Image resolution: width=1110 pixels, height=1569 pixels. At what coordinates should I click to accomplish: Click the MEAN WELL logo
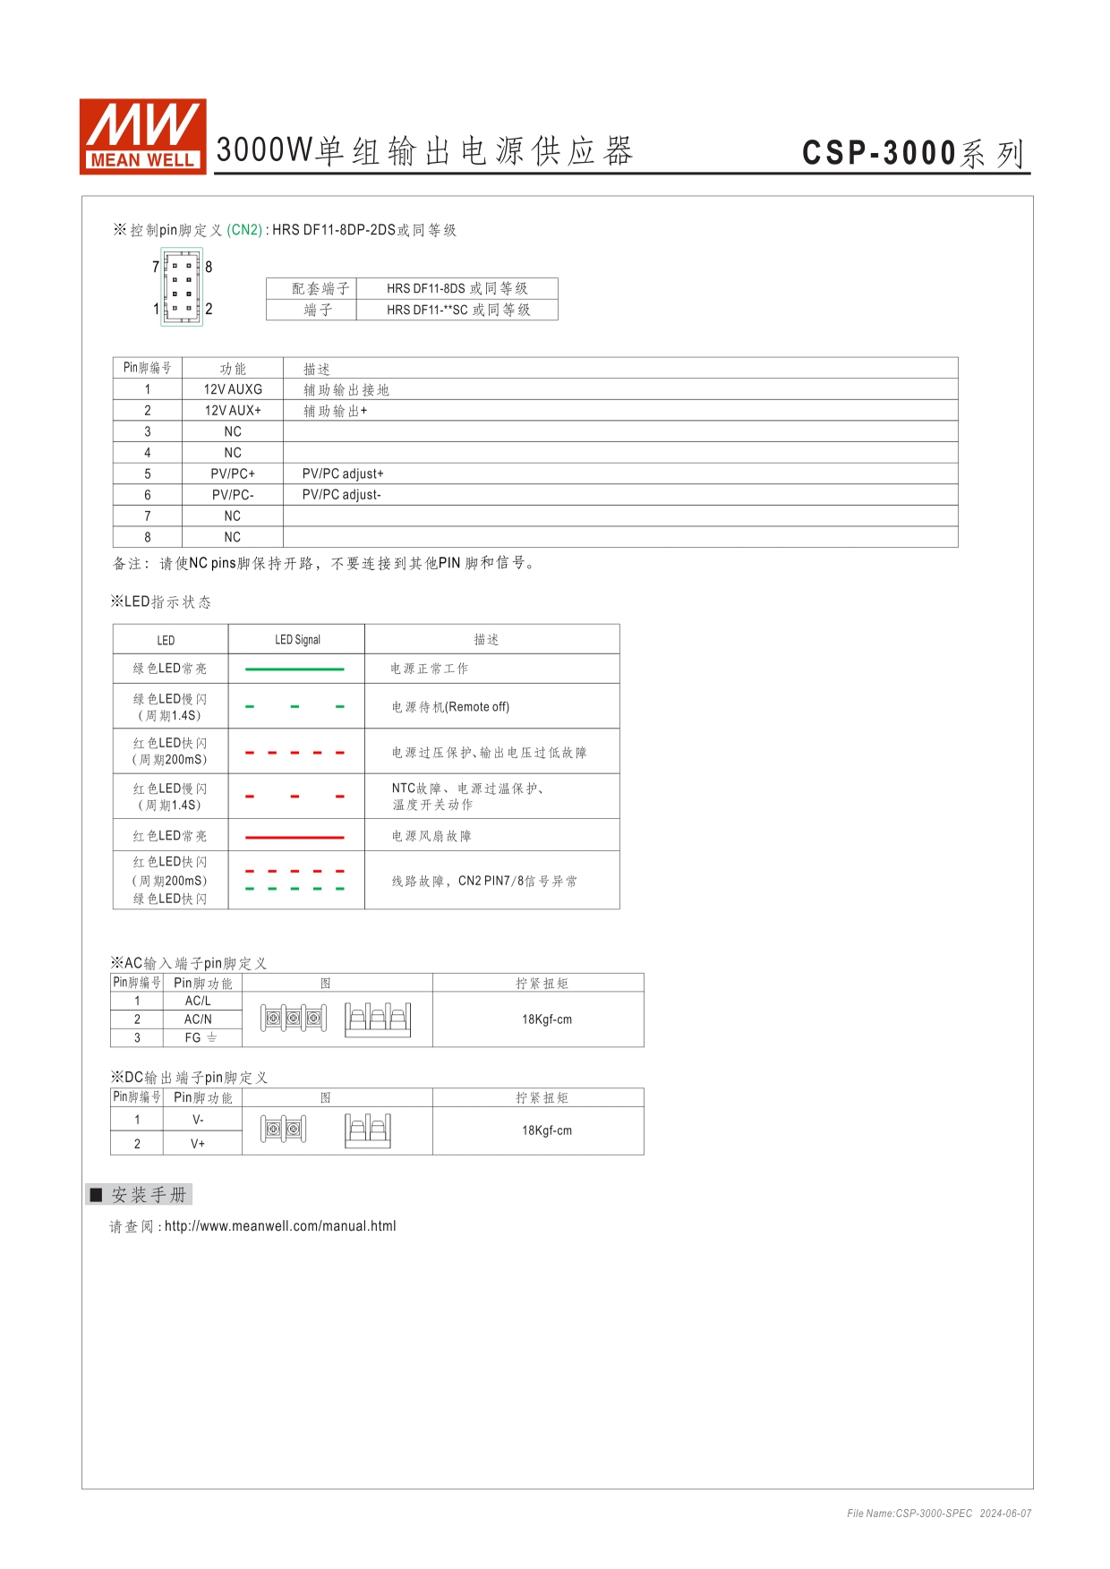[x=143, y=135]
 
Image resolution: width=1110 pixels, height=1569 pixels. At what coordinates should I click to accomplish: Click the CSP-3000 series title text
[x=913, y=153]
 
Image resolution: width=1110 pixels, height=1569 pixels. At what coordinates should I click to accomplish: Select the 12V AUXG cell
[x=233, y=389]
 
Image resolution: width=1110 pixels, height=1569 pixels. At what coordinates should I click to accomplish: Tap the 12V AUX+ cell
[x=233, y=411]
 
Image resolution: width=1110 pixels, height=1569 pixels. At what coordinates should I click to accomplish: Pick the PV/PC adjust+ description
[x=343, y=473]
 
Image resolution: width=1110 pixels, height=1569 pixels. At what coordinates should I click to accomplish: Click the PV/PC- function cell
[x=233, y=495]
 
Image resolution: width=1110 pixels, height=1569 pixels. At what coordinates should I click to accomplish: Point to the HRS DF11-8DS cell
[x=457, y=288]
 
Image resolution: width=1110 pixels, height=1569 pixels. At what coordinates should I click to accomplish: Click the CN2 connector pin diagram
[x=182, y=287]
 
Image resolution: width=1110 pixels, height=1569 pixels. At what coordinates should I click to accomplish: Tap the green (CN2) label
[x=244, y=230]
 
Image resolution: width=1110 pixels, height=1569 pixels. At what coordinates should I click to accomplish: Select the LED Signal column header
[x=297, y=640]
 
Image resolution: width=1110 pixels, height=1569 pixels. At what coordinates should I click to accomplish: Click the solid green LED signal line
[x=295, y=669]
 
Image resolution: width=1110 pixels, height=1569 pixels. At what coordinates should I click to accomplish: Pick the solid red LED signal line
[x=295, y=837]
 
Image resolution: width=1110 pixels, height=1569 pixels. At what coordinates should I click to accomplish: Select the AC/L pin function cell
[x=198, y=1001]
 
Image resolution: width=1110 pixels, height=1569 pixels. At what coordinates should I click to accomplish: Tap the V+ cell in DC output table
[x=198, y=1144]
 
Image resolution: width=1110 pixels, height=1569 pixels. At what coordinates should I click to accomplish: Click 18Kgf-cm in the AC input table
[x=547, y=1019]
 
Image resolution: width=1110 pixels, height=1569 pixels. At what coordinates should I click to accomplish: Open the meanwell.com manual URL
[x=280, y=1226]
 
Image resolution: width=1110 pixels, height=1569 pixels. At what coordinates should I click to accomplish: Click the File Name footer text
[x=939, y=1514]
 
